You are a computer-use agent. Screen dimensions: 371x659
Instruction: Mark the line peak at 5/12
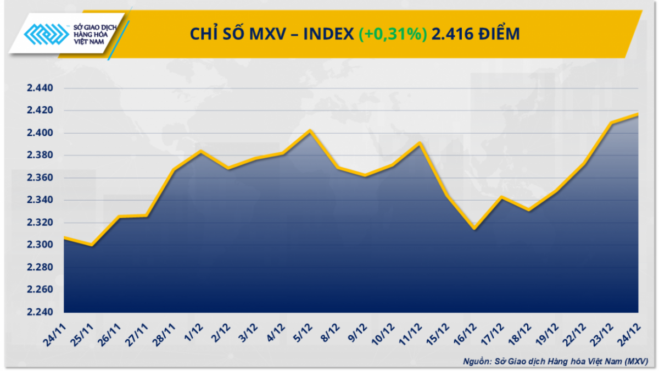coord(310,130)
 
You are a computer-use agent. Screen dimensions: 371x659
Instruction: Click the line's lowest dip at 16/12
coord(474,229)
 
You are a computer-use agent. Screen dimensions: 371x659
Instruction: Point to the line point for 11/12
coord(420,143)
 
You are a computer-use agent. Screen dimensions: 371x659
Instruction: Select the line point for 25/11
coord(92,245)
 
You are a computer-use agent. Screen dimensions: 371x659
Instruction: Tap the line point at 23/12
coord(611,123)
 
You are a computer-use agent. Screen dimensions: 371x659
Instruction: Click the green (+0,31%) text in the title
coord(393,34)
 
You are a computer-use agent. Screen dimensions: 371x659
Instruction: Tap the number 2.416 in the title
coord(450,34)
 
